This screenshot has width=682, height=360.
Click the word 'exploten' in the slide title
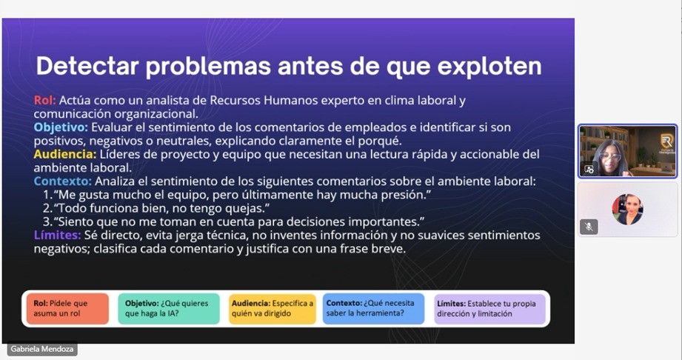pos(489,67)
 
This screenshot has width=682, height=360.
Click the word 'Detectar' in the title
pos(87,66)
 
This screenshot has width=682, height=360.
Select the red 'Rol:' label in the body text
pos(44,100)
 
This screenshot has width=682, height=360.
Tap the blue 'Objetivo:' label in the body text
pos(61,127)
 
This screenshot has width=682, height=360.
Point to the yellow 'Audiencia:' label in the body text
pos(65,154)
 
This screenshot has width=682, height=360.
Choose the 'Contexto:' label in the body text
pos(63,181)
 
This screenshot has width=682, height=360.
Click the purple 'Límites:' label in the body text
pos(58,235)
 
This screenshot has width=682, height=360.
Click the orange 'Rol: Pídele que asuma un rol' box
pos(67,309)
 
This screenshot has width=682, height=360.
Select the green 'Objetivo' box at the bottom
pos(169,309)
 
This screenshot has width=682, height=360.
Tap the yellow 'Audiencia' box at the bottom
pos(273,309)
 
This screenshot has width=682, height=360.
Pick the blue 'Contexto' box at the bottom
pos(374,309)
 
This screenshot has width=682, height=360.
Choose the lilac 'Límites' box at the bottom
pos(489,309)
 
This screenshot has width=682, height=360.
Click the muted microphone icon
pos(589,227)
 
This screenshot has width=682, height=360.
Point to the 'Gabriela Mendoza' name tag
pos(42,349)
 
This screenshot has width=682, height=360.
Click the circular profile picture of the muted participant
pos(628,210)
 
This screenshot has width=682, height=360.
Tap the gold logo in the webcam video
pos(666,141)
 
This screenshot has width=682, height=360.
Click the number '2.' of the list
pos(47,208)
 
